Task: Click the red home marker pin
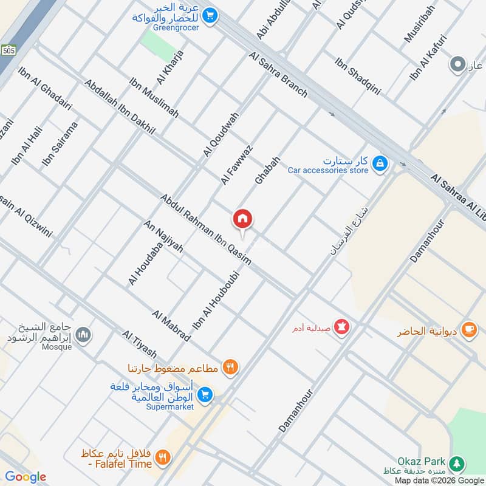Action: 242,219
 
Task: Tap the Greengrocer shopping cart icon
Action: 210,16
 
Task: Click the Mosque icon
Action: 84,334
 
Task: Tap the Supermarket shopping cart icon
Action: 205,395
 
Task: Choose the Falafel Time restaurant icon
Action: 162,457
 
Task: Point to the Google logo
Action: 26,477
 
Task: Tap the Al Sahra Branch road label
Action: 278,75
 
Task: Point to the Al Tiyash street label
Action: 139,344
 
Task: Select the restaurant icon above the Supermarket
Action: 230,367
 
